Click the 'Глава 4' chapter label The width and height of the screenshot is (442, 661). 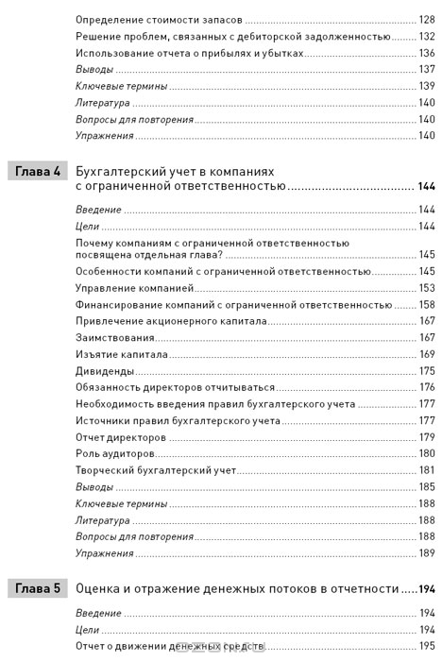pos(38,172)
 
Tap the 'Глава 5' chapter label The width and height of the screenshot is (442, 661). pos(38,588)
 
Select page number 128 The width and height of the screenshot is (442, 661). pos(425,19)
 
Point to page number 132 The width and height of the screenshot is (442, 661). pos(425,36)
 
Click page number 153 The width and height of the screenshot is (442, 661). pos(425,288)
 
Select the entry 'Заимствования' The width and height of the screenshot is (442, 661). pos(114,337)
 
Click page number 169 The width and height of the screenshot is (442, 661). pos(425,354)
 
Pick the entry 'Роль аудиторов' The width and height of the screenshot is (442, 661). pos(115,453)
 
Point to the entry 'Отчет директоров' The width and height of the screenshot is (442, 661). pos(124,436)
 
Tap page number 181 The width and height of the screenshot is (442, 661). pos(425,469)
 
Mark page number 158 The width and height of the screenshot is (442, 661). pos(425,304)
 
